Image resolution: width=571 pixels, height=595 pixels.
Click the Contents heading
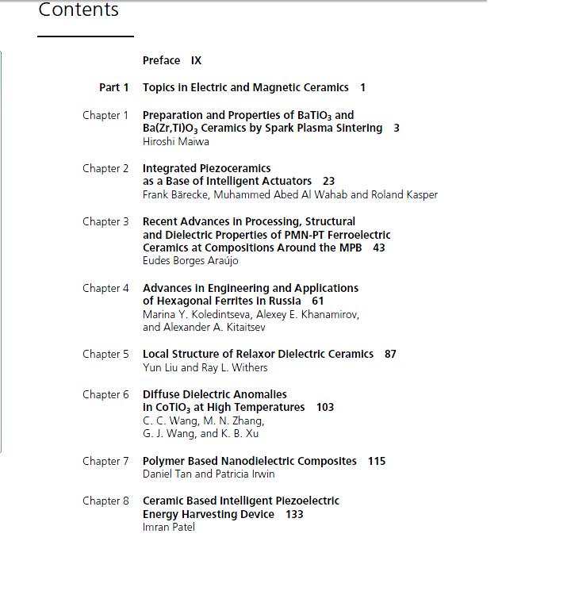click(x=79, y=10)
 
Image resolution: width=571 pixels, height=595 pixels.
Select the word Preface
click(x=161, y=60)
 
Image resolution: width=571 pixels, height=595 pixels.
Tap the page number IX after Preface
click(x=196, y=60)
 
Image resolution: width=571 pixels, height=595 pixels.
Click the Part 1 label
click(x=113, y=87)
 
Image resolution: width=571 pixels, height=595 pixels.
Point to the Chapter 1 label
click(x=105, y=115)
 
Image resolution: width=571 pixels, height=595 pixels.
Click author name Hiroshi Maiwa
click(x=175, y=141)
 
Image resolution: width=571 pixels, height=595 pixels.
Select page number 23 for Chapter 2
click(x=328, y=181)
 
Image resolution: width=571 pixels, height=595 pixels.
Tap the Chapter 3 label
click(x=105, y=221)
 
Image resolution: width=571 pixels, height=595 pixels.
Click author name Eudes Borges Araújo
click(x=190, y=261)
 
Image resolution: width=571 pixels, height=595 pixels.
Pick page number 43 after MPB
click(x=378, y=248)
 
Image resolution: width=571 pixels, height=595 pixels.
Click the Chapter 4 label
click(x=105, y=288)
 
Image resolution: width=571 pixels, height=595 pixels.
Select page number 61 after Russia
click(x=317, y=301)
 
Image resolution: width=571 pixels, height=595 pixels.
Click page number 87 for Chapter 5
click(x=390, y=354)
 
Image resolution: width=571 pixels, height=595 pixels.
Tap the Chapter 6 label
click(x=105, y=394)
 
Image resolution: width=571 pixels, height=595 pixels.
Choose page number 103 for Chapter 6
click(x=325, y=407)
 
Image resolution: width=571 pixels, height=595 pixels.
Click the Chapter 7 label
click(x=105, y=461)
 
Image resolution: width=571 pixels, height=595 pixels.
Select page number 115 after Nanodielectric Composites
click(x=377, y=461)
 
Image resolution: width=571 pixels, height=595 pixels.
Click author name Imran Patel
click(x=168, y=527)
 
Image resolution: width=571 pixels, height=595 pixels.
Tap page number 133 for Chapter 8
click(x=294, y=514)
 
